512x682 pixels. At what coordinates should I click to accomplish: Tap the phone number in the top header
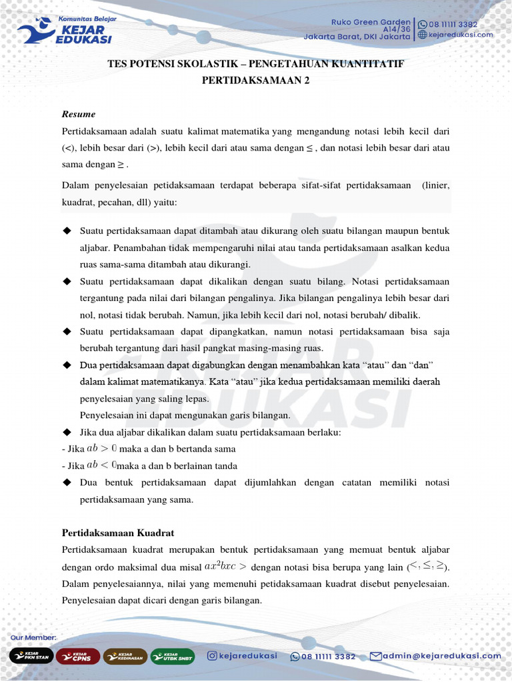tap(453, 24)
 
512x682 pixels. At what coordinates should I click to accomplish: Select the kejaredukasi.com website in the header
tap(460, 35)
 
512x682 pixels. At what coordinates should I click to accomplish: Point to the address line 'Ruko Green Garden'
tap(371, 22)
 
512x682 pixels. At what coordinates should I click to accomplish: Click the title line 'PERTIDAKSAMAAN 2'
tap(256, 81)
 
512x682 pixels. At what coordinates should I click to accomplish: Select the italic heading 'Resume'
tap(79, 114)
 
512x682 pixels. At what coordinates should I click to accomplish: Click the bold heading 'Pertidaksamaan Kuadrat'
tap(118, 533)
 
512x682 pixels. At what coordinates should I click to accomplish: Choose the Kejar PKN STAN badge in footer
tap(31, 656)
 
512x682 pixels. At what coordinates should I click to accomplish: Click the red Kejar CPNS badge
tap(79, 656)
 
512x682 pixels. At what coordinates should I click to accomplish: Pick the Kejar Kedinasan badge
tap(125, 656)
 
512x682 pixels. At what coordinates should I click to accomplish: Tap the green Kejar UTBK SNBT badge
tap(173, 656)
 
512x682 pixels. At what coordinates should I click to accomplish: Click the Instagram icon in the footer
tap(212, 656)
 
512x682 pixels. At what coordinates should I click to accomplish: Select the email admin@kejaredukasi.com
tap(441, 656)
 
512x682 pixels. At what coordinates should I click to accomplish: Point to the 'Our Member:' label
tap(33, 638)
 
